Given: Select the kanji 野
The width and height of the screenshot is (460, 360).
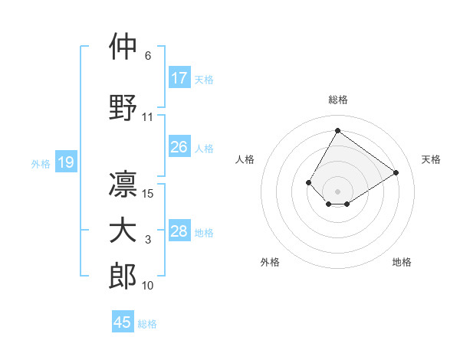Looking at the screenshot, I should click(123, 106).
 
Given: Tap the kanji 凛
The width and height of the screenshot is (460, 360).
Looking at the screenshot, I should click(123, 185).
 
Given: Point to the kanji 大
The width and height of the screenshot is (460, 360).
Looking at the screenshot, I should click(123, 231).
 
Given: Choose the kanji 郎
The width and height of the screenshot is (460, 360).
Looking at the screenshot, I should click(123, 277).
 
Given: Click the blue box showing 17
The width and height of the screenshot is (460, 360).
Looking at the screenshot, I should click(179, 78).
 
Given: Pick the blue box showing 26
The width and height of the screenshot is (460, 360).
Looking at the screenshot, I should click(179, 147).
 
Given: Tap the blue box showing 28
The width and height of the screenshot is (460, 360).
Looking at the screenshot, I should click(179, 231).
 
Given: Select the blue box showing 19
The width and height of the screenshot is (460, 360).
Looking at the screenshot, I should click(65, 162).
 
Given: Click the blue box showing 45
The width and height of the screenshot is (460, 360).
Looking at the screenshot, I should click(123, 322).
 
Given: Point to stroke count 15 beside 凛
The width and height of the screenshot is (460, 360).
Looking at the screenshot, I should click(149, 194).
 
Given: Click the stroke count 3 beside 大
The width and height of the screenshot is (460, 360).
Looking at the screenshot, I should click(148, 241).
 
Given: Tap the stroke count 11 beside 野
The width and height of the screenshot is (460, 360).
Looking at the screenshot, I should click(148, 117).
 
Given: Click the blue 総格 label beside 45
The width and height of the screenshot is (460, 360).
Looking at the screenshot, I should click(147, 323).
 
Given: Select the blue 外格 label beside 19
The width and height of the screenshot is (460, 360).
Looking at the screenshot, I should click(41, 163).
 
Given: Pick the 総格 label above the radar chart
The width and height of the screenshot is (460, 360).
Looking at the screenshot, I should click(337, 100).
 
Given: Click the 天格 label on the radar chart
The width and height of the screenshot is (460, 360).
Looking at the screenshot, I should click(431, 159).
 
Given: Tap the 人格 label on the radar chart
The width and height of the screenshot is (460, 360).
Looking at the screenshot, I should click(245, 159).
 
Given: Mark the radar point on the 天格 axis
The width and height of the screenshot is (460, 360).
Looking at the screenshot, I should click(396, 172).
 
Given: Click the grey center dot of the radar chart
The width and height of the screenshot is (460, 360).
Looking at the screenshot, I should click(337, 191).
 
